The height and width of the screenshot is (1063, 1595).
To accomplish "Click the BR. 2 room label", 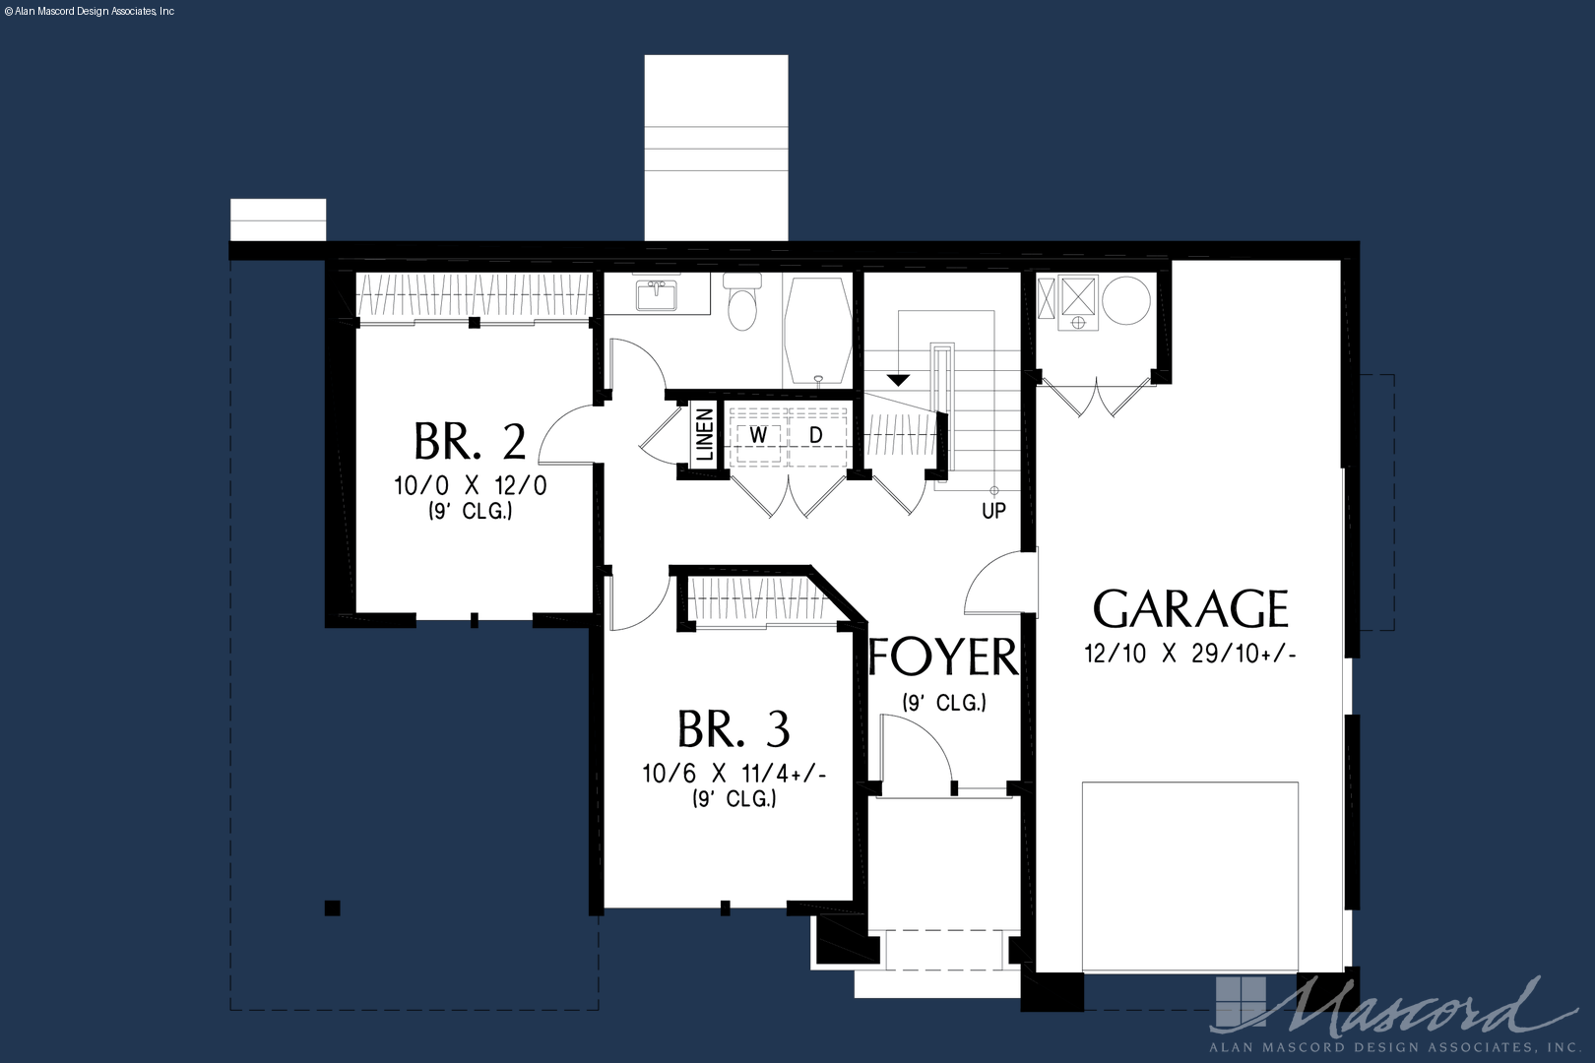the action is point(470,441).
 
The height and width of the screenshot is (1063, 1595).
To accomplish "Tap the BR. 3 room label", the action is point(734,728).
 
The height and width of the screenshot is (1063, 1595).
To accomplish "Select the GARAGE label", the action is point(1190,608).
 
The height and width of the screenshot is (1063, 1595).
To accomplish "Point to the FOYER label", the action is point(943,657).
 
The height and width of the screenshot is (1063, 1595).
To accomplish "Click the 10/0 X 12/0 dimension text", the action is point(471,485).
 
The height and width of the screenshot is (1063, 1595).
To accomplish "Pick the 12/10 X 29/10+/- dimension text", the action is point(1189,654).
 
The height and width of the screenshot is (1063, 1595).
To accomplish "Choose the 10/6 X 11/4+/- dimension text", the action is point(734,774).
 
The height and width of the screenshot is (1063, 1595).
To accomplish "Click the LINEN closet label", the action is point(704,434).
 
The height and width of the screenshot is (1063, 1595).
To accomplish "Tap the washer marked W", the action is point(758,435).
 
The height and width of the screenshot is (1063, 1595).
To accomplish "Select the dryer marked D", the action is point(817,435).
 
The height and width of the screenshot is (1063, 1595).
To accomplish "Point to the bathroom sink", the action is point(657,294).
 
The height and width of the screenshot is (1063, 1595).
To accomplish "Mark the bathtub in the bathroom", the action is point(817,331).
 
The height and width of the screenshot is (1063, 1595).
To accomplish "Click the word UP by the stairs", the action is point(994,511).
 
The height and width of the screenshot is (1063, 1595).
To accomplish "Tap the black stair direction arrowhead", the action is point(899,380).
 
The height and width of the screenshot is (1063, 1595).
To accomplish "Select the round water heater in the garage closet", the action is point(1126,300).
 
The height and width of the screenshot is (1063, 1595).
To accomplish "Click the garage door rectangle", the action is point(1189,876).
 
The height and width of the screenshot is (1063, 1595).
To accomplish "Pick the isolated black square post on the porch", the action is point(333,908).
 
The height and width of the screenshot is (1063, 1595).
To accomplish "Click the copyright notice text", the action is point(90,12).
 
